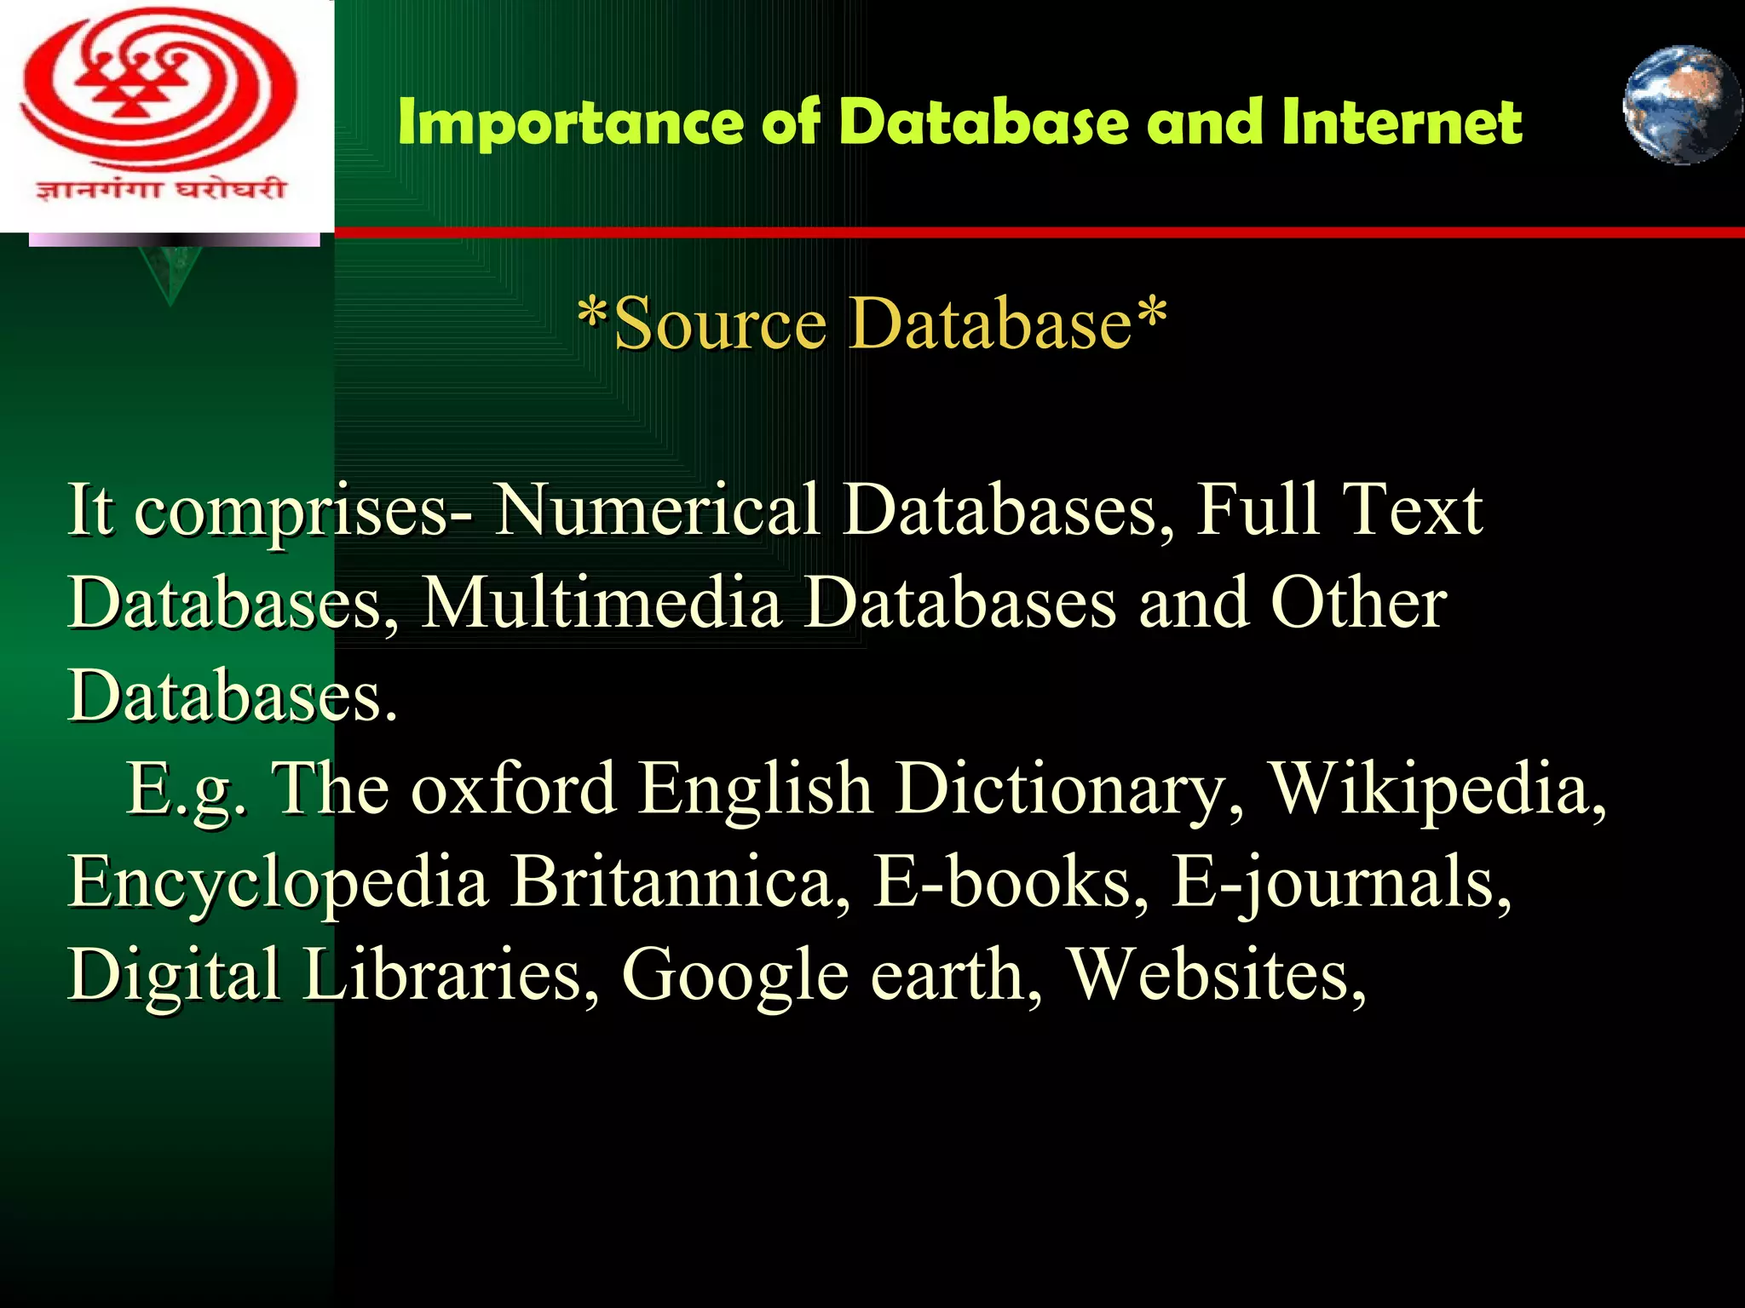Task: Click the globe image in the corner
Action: point(1681,105)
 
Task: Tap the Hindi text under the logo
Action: point(160,187)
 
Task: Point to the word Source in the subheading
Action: point(720,324)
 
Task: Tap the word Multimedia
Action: point(602,602)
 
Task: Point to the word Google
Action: point(734,976)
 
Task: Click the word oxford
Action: point(514,788)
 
